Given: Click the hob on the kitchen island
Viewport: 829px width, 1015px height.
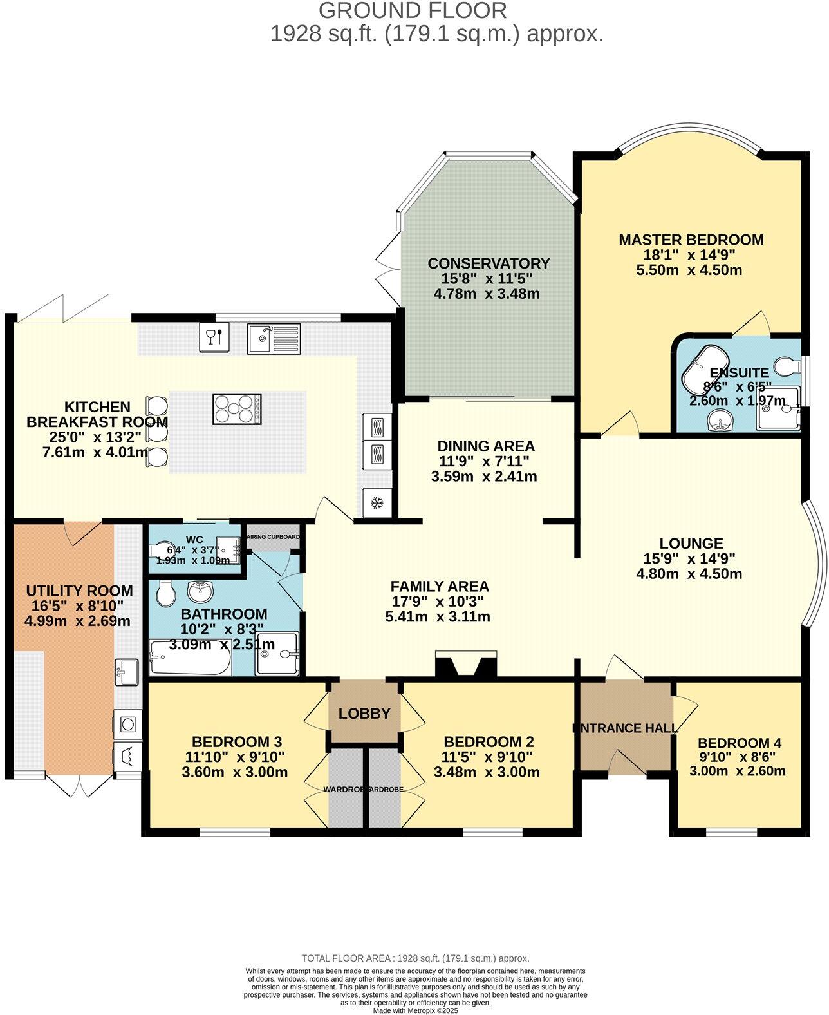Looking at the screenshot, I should tap(237, 409).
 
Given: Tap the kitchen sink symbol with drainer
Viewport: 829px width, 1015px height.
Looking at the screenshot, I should tap(274, 338).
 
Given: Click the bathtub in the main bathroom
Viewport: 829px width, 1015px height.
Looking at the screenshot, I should tap(190, 658).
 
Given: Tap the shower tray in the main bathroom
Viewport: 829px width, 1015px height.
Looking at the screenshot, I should tap(277, 654).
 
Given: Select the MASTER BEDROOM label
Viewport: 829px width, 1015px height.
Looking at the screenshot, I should tap(691, 240).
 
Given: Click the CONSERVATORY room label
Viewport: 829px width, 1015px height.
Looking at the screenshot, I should tap(489, 263).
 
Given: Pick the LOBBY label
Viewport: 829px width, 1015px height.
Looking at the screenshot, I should tap(364, 714).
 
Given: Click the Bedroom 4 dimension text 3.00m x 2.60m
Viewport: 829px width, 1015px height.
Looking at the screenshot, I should tap(737, 771).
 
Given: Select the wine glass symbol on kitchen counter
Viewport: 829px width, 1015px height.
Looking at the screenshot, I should tap(214, 337).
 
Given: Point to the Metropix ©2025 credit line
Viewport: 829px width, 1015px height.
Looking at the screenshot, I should tap(415, 1010).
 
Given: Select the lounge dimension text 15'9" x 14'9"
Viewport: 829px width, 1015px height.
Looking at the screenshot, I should tap(689, 558).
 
